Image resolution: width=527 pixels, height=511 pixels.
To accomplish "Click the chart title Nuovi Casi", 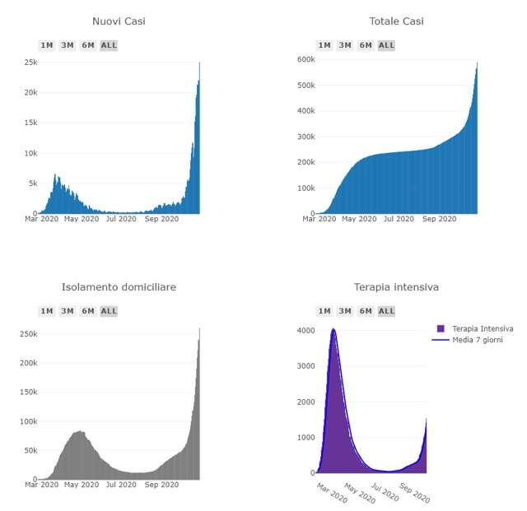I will (119, 21).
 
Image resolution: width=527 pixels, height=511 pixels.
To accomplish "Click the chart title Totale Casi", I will (397, 21).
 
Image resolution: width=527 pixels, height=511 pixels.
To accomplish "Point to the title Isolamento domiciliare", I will (119, 286).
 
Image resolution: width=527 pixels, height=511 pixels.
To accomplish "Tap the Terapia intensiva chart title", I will (397, 286).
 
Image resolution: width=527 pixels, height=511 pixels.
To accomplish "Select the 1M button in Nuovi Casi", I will (47, 45).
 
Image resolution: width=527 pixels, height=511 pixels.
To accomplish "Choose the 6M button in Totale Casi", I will (366, 45).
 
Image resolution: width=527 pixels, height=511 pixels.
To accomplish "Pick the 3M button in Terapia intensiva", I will (345, 311).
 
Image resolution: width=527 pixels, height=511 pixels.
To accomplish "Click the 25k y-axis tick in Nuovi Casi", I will (30, 63).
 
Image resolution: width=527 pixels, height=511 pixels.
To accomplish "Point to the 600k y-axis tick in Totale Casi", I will (305, 59).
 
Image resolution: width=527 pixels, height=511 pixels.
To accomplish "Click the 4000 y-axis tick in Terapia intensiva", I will (305, 331).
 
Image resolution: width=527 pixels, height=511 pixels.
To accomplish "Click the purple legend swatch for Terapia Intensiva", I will (440, 328).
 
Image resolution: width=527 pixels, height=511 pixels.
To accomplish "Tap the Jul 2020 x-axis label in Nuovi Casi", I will (121, 219).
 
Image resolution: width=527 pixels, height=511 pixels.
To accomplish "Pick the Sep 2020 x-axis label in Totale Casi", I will (439, 219).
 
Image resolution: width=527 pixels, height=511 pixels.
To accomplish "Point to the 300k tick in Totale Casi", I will (305, 137).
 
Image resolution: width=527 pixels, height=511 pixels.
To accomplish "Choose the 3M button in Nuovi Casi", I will (68, 45).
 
